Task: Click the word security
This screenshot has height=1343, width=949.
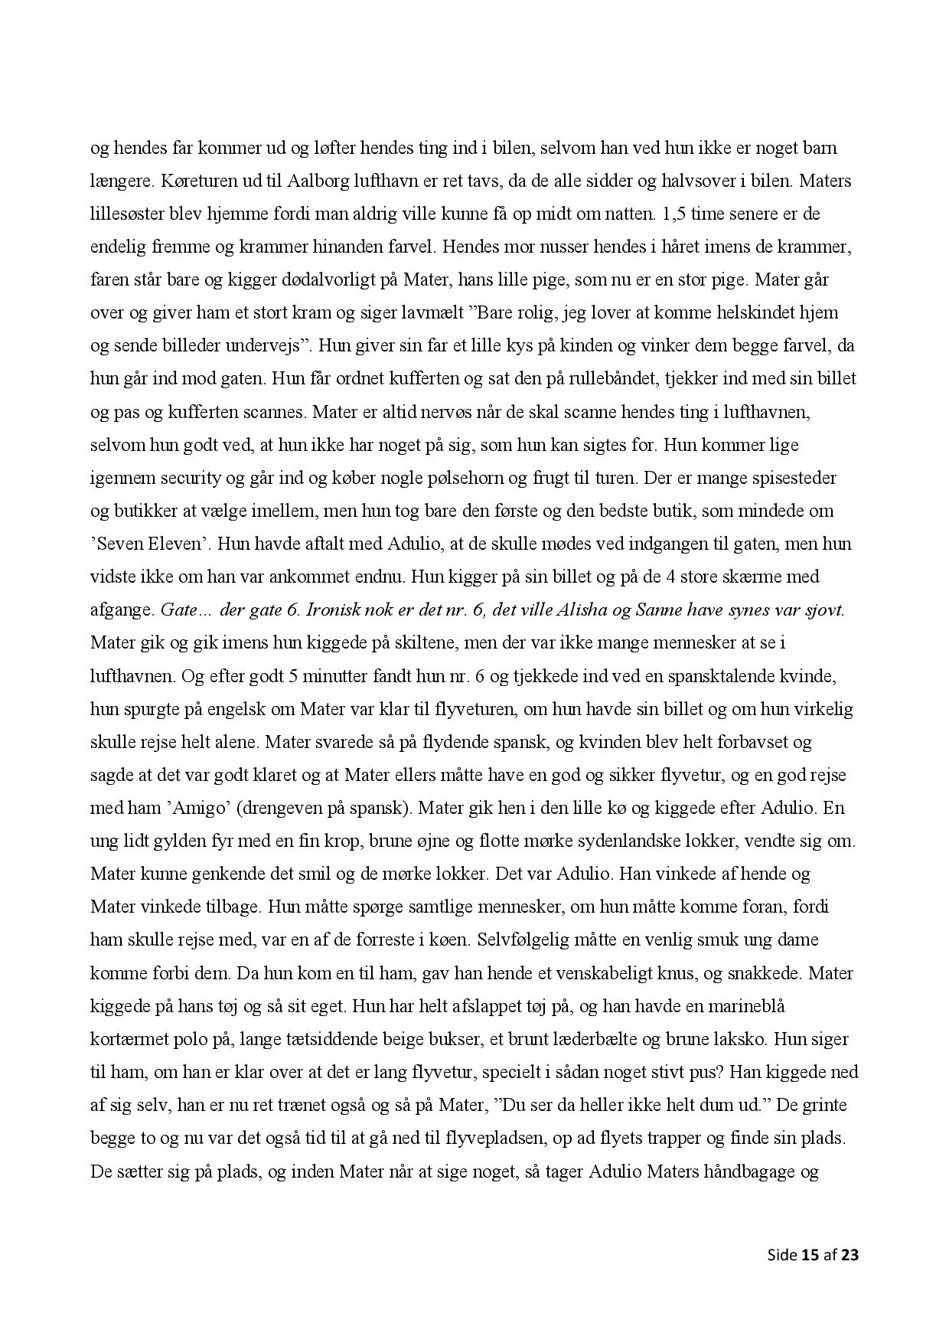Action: click(188, 477)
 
